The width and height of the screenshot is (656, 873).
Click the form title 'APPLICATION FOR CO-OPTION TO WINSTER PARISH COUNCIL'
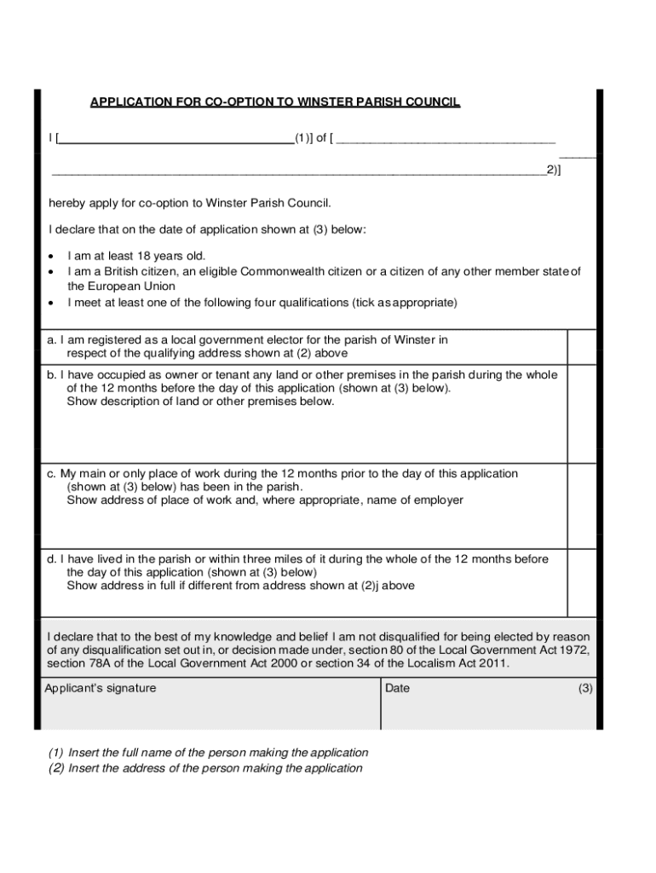tap(274, 102)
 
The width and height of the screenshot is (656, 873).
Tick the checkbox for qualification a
tap(581, 346)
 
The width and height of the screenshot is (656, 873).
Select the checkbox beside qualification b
tap(581, 414)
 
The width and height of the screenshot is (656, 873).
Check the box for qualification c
tap(581, 506)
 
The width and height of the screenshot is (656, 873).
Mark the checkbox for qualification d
tap(581, 582)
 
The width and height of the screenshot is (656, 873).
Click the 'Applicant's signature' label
tap(101, 688)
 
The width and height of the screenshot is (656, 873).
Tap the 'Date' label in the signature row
tap(397, 688)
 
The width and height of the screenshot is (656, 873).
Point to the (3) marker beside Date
tap(584, 688)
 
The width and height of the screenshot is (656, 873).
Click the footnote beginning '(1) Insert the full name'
tap(208, 753)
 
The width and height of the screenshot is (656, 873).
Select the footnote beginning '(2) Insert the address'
tap(204, 768)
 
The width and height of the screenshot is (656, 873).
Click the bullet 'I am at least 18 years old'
tap(136, 256)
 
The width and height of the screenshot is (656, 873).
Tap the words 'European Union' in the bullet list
tap(121, 286)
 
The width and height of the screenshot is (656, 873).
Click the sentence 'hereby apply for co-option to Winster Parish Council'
tap(189, 203)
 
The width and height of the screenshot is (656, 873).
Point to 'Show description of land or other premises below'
tap(200, 402)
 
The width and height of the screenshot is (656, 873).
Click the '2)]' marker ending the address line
tap(554, 170)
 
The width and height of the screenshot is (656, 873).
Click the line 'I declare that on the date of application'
tap(207, 229)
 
